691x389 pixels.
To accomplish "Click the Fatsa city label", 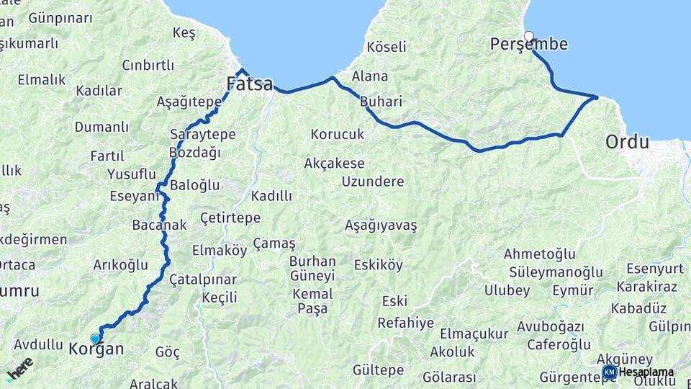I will tap(250, 84).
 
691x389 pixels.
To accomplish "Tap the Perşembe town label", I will tap(528, 45).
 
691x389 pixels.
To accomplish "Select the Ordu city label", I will tap(627, 141).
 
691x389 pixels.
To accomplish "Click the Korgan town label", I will tap(96, 349).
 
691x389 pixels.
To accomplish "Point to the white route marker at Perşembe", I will tap(529, 36).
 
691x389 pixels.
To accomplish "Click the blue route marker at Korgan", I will tap(95, 339).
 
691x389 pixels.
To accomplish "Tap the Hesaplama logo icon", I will tap(610, 372).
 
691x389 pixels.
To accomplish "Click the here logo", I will tap(19, 369).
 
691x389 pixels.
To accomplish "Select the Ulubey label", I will tap(507, 291).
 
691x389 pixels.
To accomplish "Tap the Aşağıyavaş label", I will tap(381, 225).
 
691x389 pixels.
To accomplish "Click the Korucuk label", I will tap(338, 134).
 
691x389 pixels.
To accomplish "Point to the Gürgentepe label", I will tap(577, 377).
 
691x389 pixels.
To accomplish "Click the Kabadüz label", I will tap(638, 308).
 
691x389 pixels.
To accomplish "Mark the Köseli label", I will tap(386, 47).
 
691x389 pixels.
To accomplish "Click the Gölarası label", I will tap(449, 377).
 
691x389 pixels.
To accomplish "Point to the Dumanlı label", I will tap(101, 127).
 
